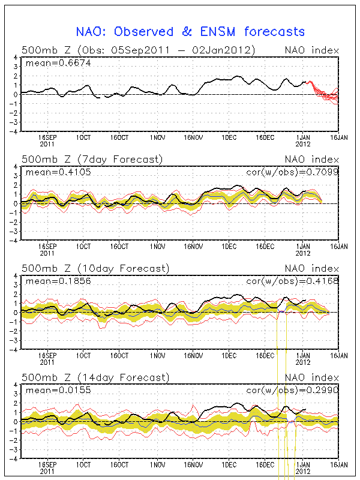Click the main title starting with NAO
(191, 32)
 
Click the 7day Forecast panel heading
(92, 159)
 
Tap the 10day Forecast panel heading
(95, 268)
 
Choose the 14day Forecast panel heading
(95, 377)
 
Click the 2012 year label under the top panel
(302, 144)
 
